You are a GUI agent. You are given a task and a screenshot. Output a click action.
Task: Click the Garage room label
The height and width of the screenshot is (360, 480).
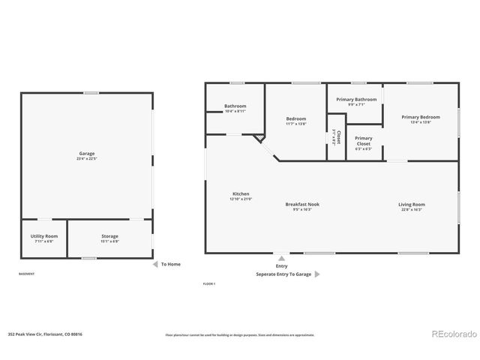(87, 154)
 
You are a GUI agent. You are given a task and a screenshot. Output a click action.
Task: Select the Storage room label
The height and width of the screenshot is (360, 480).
(109, 236)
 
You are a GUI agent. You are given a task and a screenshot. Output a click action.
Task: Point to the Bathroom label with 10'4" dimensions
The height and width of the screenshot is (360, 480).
(235, 106)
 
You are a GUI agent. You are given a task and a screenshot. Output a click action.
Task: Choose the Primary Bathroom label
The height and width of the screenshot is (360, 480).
(356, 100)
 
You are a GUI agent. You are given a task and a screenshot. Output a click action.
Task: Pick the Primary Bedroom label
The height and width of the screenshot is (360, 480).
(420, 117)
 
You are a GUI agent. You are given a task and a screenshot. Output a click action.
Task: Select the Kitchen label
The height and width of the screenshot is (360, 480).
(241, 194)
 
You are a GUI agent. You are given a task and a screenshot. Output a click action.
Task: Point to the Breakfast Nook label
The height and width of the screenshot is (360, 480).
(302, 205)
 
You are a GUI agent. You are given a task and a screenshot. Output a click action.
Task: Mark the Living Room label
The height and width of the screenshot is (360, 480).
(411, 205)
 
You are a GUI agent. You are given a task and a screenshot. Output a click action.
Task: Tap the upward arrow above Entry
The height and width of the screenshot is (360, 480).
(280, 257)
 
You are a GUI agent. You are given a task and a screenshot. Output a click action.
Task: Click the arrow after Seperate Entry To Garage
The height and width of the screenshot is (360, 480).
(317, 274)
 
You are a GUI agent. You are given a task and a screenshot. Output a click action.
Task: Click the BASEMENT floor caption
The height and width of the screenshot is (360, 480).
(26, 274)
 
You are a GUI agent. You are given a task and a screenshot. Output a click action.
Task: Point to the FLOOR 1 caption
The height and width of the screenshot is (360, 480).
(209, 283)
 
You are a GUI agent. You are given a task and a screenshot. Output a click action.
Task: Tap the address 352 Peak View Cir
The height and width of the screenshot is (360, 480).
(45, 334)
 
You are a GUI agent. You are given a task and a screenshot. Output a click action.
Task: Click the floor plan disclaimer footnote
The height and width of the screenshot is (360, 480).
(240, 335)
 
